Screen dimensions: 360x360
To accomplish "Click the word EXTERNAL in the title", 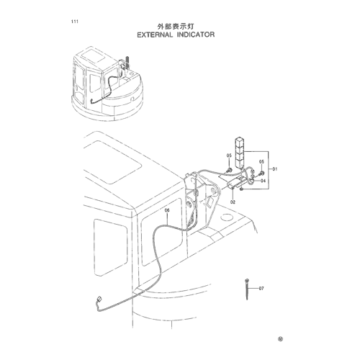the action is pos(155,35).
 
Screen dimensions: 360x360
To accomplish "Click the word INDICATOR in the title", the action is pos(196,35).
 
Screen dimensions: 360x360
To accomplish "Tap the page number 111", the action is pos(75,22).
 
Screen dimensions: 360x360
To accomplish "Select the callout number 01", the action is pos(275,169).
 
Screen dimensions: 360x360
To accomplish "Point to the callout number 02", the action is pos(233,202).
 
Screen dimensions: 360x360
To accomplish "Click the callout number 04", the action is pos(263,181).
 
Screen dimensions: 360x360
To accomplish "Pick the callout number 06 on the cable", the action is pos(167,210).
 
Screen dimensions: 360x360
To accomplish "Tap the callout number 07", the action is pos(261,288).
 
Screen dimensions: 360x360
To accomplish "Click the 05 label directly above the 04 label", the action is pos(261,162).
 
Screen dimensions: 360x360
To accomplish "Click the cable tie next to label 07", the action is pos(247,289).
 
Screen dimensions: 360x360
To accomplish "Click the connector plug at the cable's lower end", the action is pos(99,299).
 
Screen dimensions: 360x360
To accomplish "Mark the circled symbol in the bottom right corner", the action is pos(280,339).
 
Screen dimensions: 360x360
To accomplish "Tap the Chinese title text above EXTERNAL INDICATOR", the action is pos(176,27).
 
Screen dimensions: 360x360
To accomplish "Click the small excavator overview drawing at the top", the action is pos(107,84).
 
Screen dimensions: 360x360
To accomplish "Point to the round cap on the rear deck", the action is pos(227,217).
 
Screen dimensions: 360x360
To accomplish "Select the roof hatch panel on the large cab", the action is pos(112,162).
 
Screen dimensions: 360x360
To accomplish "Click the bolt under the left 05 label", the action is pos(229,171).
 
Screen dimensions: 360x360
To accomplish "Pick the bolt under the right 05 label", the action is pos(261,174).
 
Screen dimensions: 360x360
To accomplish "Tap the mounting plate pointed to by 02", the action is pos(236,182).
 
